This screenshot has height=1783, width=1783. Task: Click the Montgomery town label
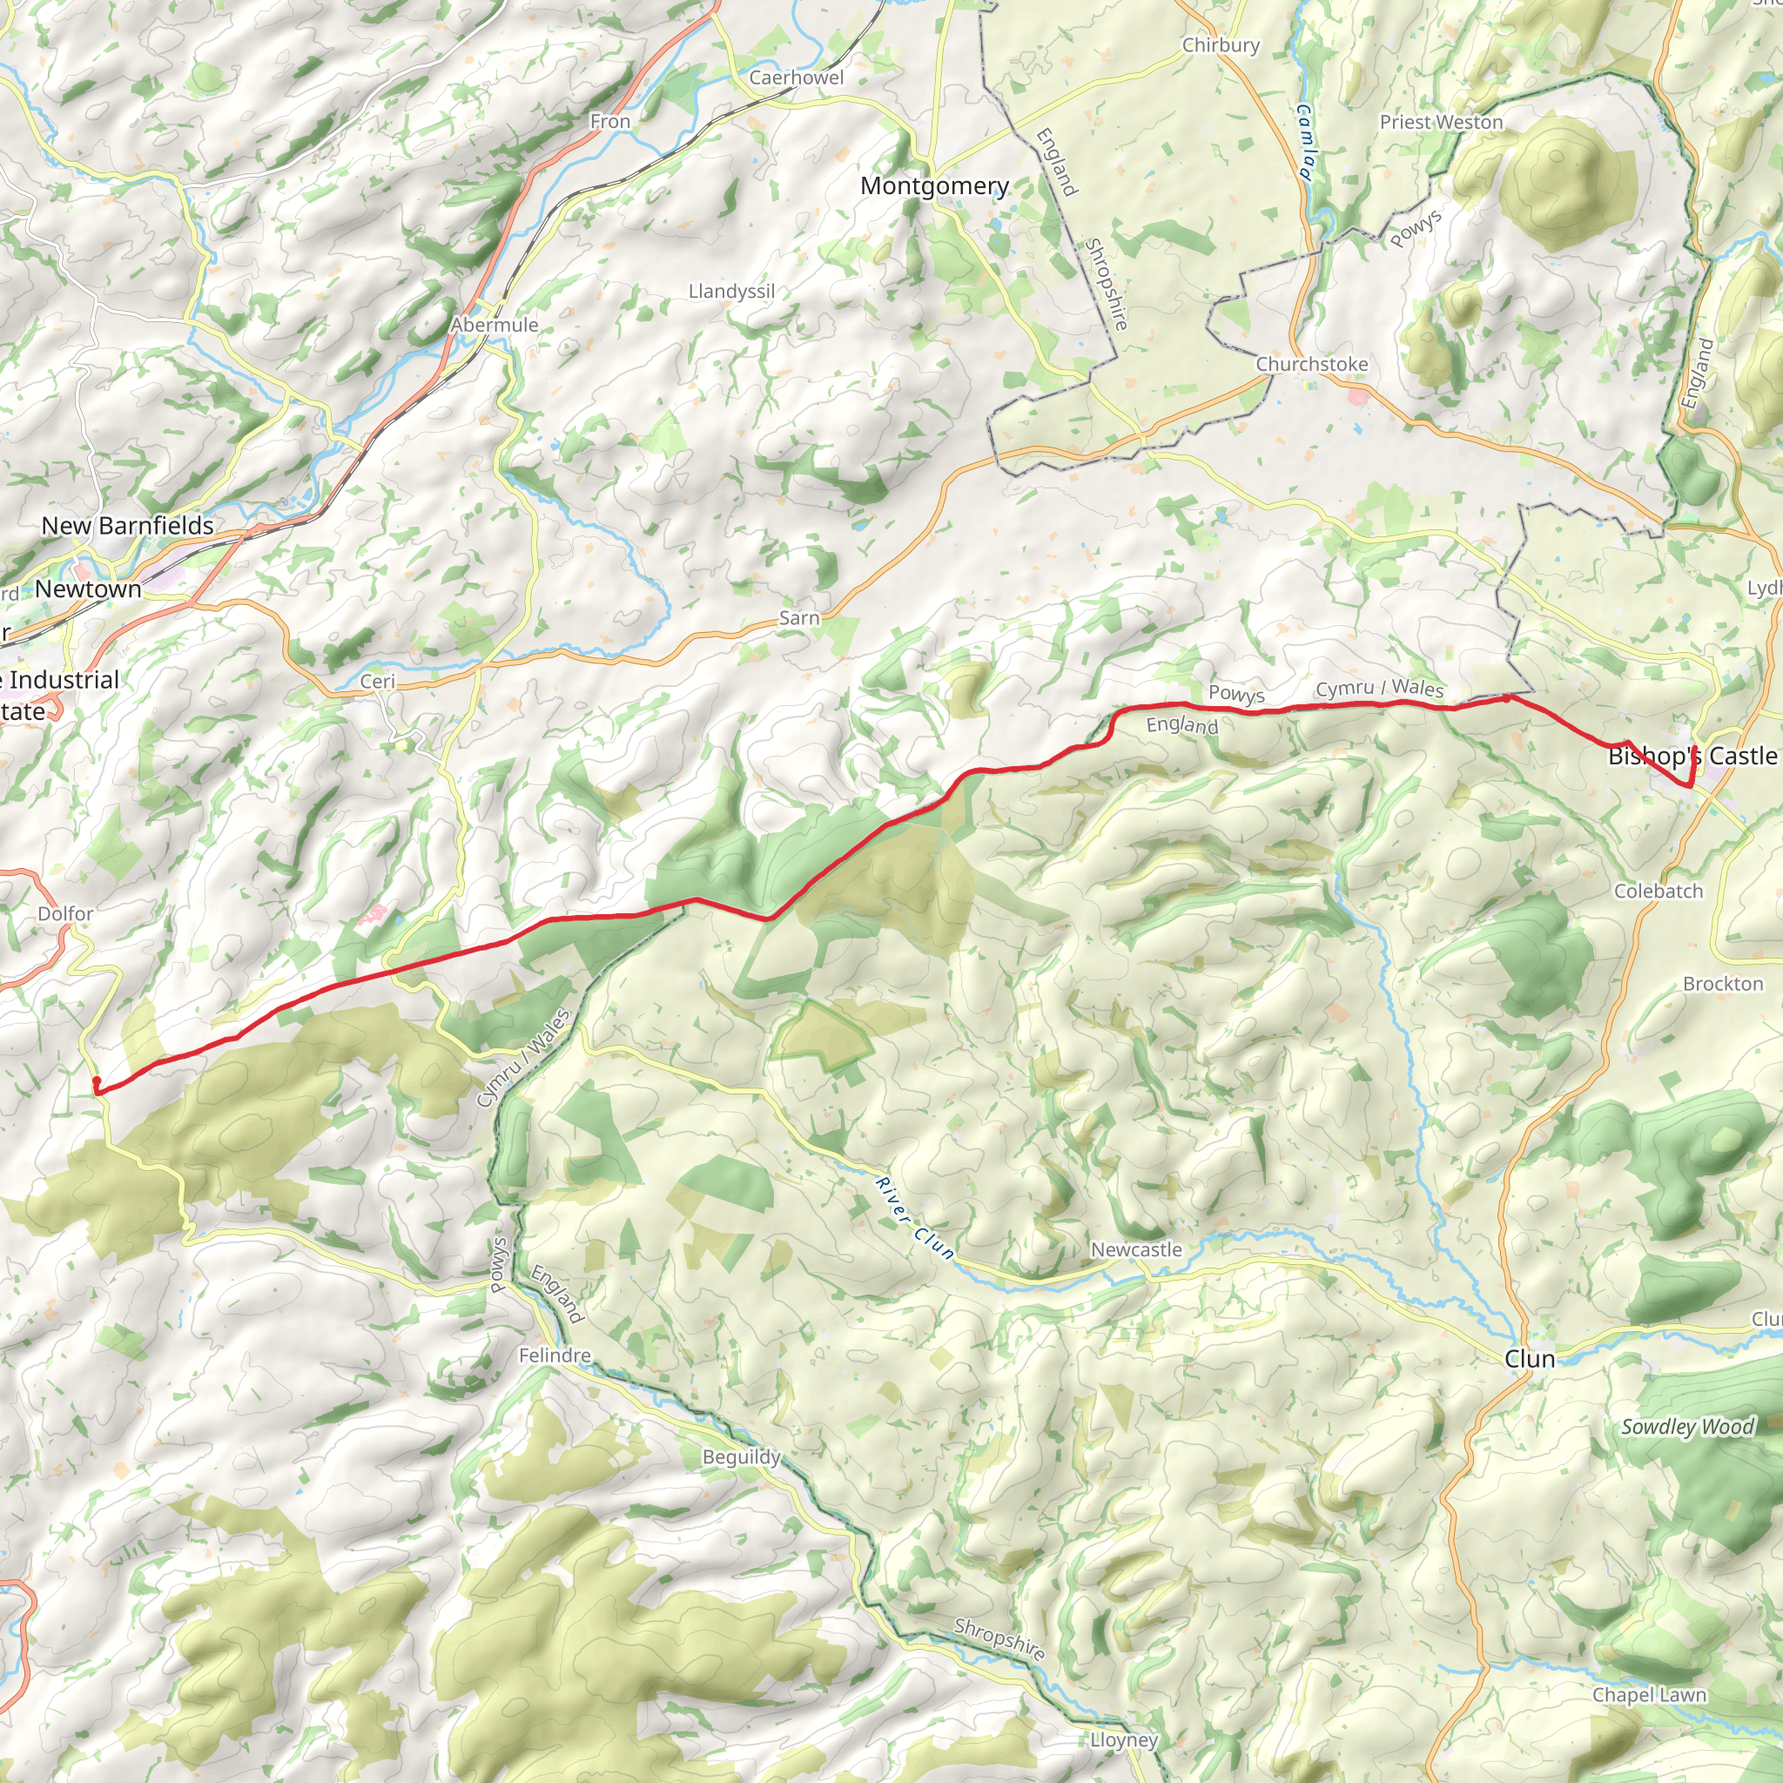point(934,185)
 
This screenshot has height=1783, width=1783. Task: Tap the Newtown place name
point(89,589)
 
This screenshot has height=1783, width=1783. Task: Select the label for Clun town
point(1529,1358)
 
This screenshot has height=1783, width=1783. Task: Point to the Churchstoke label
point(1311,364)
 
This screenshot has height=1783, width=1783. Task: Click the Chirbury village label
point(1221,45)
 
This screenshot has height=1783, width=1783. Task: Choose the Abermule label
point(495,325)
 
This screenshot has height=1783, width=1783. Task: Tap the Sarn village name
point(799,618)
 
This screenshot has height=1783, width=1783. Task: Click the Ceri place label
point(378,681)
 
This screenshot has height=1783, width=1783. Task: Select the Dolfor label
point(65,913)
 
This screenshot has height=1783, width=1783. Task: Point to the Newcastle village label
point(1136,1249)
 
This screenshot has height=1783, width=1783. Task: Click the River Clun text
point(913,1218)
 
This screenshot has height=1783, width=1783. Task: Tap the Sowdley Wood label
point(1687,1427)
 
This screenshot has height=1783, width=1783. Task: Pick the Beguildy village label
point(741,1457)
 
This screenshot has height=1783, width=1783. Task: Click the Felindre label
point(554,1356)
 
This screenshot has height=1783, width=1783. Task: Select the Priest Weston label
point(1441,122)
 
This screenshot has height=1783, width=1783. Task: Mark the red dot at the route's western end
point(97,1080)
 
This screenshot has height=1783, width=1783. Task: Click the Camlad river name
point(1305,142)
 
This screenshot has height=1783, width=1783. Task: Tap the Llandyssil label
point(732,292)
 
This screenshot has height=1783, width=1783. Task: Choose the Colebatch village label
point(1659,891)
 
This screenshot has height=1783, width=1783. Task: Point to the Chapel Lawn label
point(1649,1695)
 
